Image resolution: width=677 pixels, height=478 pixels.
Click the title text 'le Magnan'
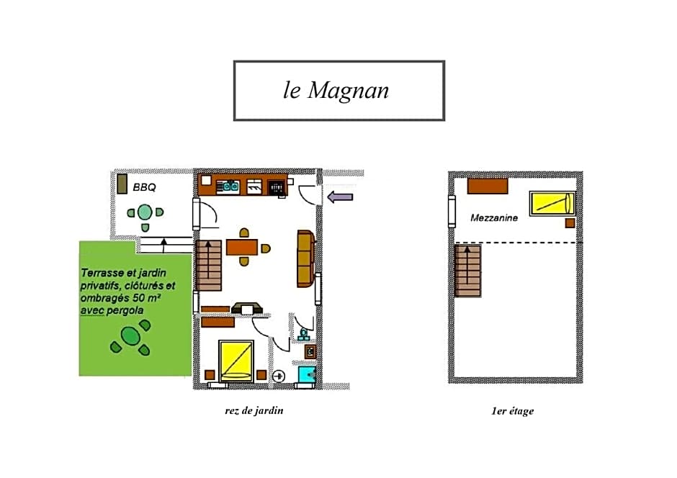pyautogui.click(x=336, y=91)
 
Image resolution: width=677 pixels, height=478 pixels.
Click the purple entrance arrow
pyautogui.click(x=340, y=197)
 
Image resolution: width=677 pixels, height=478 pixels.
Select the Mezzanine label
pyautogui.click(x=494, y=217)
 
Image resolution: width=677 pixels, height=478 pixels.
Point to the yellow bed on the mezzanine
pyautogui.click(x=552, y=203)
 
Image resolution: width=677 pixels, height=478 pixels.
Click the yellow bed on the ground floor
pyautogui.click(x=236, y=361)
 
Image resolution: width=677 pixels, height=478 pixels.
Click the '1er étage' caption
pyautogui.click(x=512, y=411)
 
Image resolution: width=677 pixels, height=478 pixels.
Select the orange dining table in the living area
pyautogui.click(x=242, y=248)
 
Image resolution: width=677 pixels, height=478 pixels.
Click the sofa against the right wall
pyautogui.click(x=305, y=259)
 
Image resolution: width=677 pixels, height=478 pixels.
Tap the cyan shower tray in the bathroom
pyautogui.click(x=307, y=374)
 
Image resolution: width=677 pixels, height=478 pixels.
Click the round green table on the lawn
pyautogui.click(x=130, y=336)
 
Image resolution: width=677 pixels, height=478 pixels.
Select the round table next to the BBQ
pyautogui.click(x=145, y=212)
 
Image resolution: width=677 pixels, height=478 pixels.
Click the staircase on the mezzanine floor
pyautogui.click(x=467, y=271)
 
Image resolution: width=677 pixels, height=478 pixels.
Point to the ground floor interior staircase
pyautogui.click(x=209, y=265)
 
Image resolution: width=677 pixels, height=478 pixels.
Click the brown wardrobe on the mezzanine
pyautogui.click(x=488, y=186)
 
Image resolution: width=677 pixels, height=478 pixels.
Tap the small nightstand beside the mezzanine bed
pyautogui.click(x=570, y=223)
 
